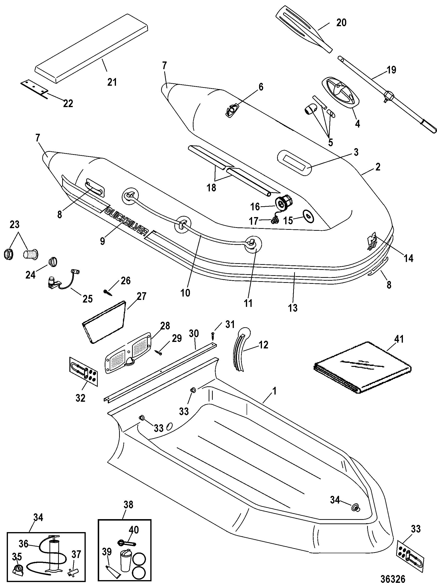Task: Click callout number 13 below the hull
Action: click(292, 307)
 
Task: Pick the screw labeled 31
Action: click(212, 336)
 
